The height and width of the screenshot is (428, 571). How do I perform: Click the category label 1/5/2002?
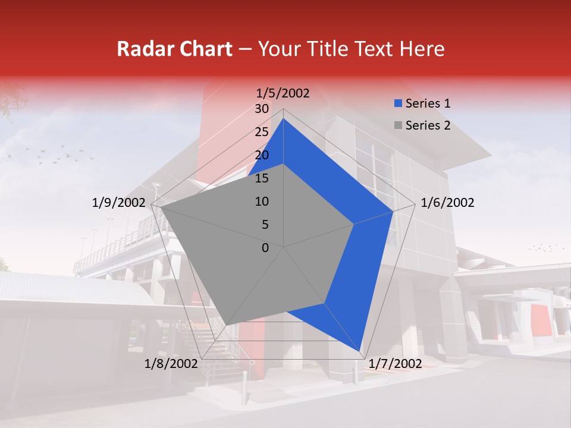[283, 93]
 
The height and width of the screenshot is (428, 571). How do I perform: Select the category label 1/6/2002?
[447, 203]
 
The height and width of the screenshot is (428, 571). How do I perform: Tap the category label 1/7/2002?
[395, 364]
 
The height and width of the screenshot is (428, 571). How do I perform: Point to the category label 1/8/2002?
[171, 364]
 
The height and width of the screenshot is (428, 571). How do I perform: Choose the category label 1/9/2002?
[119, 203]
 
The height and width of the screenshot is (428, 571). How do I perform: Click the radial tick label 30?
[262, 109]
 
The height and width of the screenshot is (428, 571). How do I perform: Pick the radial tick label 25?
[262, 132]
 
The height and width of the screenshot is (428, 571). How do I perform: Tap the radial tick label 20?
[262, 155]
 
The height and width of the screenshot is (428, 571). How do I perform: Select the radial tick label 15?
[262, 178]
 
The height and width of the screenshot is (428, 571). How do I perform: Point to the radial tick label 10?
[262, 202]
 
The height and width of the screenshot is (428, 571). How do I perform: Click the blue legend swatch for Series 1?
[398, 103]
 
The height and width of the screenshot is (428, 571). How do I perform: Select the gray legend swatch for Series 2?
[398, 125]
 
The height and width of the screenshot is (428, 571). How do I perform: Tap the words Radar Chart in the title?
[174, 49]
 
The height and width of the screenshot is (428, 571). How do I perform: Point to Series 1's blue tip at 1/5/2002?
[283, 119]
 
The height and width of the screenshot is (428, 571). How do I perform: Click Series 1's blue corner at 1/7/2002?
[360, 351]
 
